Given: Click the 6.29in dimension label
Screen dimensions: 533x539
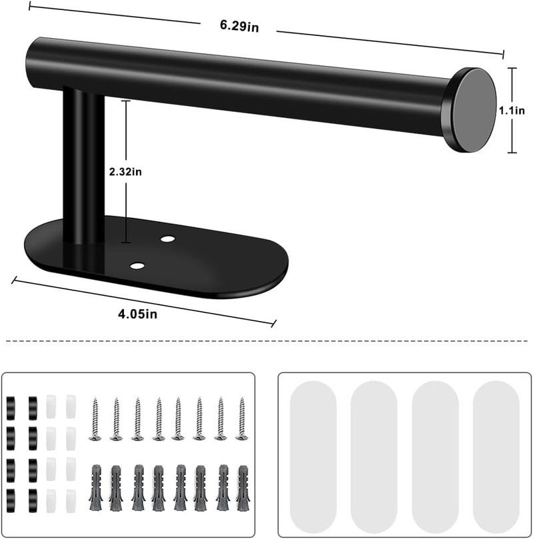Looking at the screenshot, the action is click(x=239, y=26).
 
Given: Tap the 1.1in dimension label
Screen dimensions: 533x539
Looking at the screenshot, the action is click(x=512, y=111).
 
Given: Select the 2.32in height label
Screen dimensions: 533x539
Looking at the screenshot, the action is click(x=125, y=171).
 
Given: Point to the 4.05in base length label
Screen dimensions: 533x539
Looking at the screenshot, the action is click(x=137, y=314).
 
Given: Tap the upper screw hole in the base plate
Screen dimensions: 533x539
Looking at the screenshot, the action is click(x=167, y=239).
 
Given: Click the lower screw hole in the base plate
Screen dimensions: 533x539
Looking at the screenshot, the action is click(x=137, y=266).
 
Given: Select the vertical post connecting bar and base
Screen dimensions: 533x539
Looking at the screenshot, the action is click(x=83, y=165).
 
